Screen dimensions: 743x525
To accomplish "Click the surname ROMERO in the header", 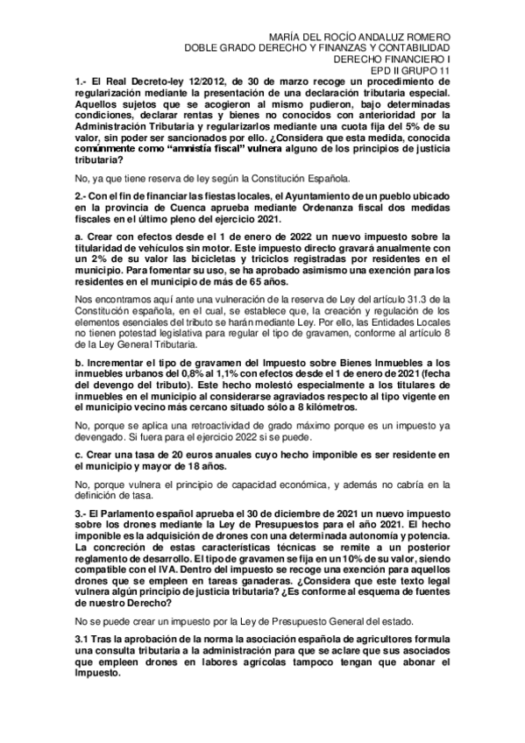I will coord(426,35).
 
